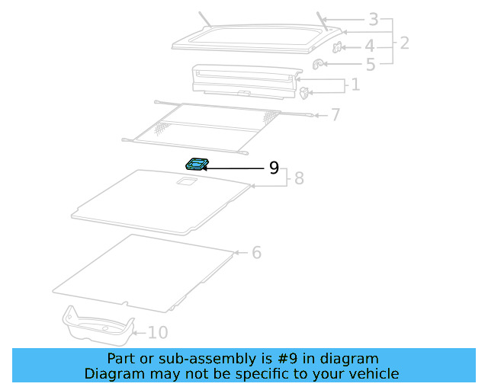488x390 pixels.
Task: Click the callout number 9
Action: pyautogui.click(x=274, y=168)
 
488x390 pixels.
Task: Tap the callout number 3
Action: pyautogui.click(x=373, y=20)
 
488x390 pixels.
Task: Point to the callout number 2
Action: pyautogui.click(x=404, y=43)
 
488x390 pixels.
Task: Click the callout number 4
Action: pyautogui.click(x=370, y=46)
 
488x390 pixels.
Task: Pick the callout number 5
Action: pyautogui.click(x=370, y=66)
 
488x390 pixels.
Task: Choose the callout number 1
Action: pyautogui.click(x=355, y=84)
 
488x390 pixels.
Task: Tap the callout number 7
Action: pyautogui.click(x=335, y=115)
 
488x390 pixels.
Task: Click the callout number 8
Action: pyautogui.click(x=299, y=178)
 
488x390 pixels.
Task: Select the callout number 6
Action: pyautogui.click(x=256, y=252)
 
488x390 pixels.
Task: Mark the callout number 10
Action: pyautogui.click(x=157, y=332)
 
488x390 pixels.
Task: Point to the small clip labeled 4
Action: pyautogui.click(x=337, y=49)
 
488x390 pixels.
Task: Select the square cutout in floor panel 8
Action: pyautogui.click(x=186, y=181)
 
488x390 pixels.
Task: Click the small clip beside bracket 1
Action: pyautogui.click(x=304, y=94)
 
